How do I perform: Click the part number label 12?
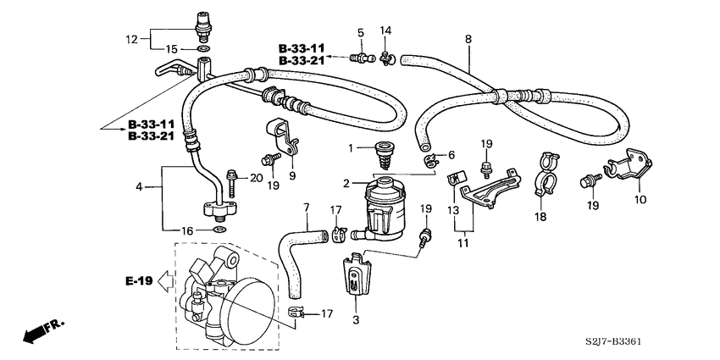(130, 39)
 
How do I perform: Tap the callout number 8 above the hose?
(468, 39)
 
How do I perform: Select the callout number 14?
(385, 31)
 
